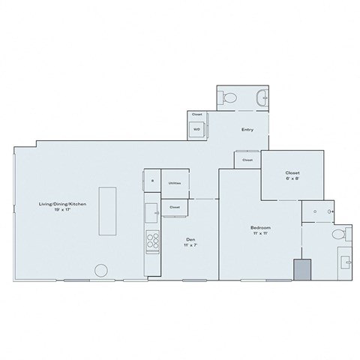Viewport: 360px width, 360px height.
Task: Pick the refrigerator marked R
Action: pos(151,181)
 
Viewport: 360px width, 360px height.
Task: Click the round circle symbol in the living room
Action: pos(100,271)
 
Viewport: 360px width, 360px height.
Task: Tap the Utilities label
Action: pos(174,182)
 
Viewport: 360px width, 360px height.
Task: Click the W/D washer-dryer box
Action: pos(196,129)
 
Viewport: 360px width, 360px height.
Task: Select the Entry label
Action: pos(247,130)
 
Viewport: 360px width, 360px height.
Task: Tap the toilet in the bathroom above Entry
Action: pos(230,96)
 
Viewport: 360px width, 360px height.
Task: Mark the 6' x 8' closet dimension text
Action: pos(292,179)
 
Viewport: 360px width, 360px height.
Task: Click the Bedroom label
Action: pos(261,227)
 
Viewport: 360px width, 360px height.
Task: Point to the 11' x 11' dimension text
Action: pos(261,234)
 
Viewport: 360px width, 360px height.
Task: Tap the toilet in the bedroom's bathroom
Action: pos(339,234)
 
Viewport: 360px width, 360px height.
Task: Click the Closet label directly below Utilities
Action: pos(174,207)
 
